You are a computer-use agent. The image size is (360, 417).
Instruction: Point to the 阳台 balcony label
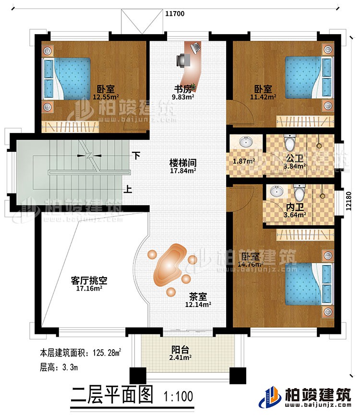181,351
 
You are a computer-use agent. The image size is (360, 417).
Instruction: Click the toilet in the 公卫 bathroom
289,143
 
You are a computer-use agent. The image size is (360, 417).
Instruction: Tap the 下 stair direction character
137,156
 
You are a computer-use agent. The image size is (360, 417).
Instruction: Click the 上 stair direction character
128,190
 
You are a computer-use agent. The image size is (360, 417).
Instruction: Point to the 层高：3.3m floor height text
57,368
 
